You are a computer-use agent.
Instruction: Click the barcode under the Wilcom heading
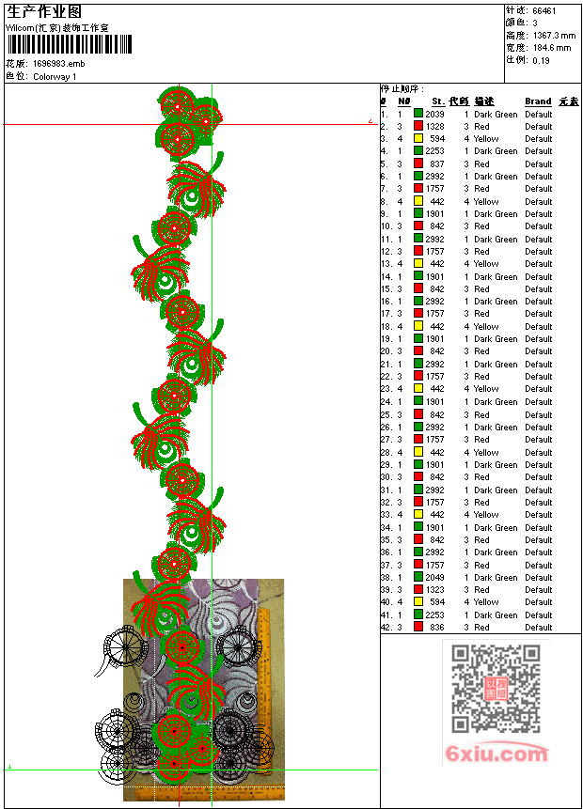[x=70, y=44]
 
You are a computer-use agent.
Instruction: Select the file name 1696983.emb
[x=59, y=64]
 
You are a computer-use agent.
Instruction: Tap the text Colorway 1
[x=55, y=77]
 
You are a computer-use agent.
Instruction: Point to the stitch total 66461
[x=544, y=11]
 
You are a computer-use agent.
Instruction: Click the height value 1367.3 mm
[x=554, y=36]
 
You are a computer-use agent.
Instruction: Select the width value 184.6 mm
[x=552, y=48]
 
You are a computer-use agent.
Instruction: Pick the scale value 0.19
[x=542, y=60]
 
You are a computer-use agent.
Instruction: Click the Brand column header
[x=538, y=101]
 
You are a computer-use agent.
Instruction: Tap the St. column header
[x=438, y=101]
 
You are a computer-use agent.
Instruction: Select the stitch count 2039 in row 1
[x=434, y=114]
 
